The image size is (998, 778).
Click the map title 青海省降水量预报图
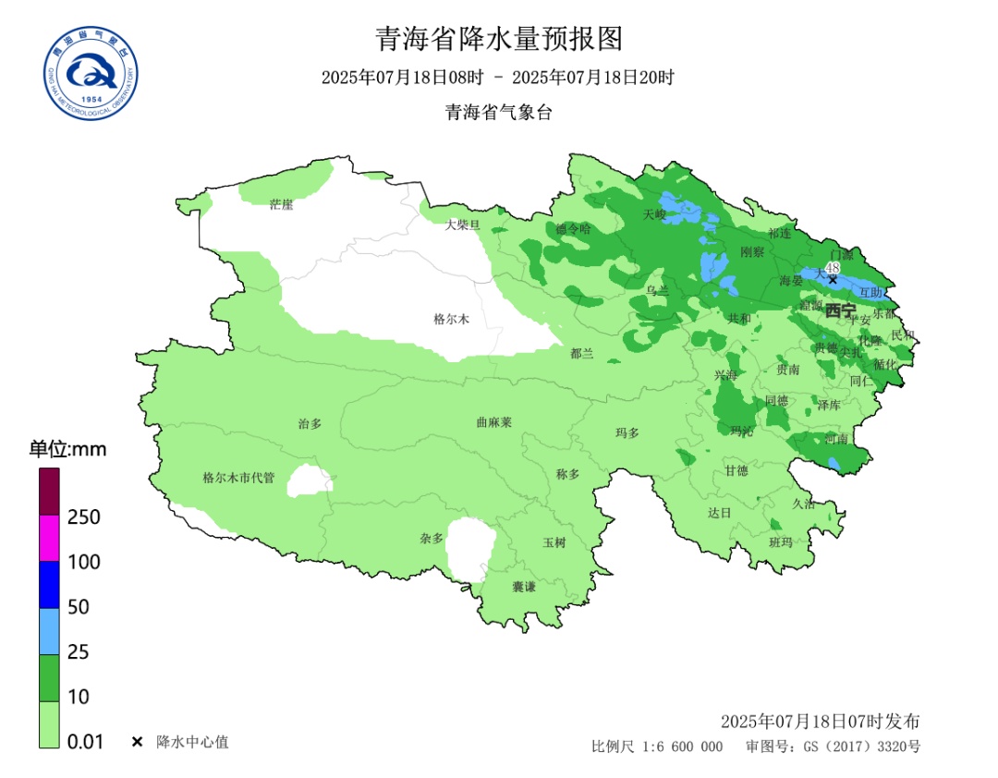pyautogui.click(x=499, y=39)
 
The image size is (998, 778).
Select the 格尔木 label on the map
pyautogui.click(x=452, y=319)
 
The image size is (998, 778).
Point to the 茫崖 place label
pyautogui.click(x=281, y=204)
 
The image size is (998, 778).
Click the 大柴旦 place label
pyautogui.click(x=463, y=225)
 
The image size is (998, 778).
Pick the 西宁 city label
pyautogui.click(x=840, y=310)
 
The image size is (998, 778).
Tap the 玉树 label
pyautogui.click(x=554, y=542)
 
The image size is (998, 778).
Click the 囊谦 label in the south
pyautogui.click(x=524, y=587)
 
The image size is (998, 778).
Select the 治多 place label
pyautogui.click(x=310, y=423)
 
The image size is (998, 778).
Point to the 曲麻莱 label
pyautogui.click(x=493, y=421)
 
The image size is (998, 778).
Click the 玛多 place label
pyautogui.click(x=627, y=432)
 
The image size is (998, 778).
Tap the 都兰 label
pyautogui.click(x=582, y=353)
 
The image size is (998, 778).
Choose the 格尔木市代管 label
pyautogui.click(x=238, y=478)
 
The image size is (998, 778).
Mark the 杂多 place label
pyautogui.click(x=432, y=538)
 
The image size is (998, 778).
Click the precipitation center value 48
pyautogui.click(x=832, y=267)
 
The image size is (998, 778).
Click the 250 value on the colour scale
pyautogui.click(x=84, y=517)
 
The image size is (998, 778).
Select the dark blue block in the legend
pyautogui.click(x=50, y=585)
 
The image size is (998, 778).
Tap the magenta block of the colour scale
pyautogui.click(x=50, y=538)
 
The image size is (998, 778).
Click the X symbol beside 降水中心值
pyautogui.click(x=137, y=742)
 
